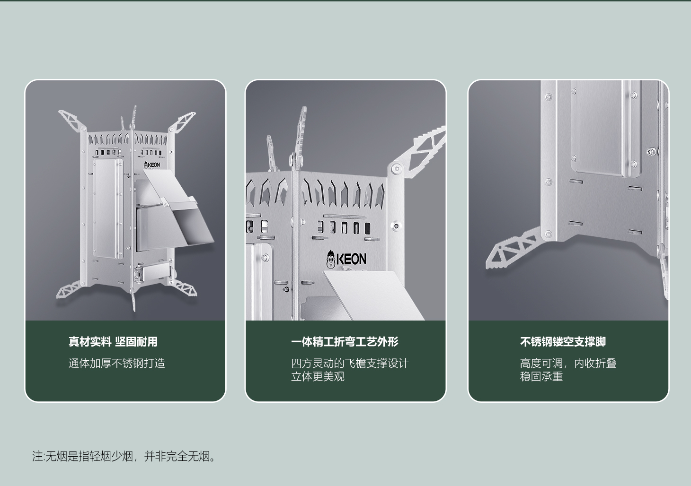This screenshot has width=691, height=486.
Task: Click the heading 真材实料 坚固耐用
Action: pos(113,342)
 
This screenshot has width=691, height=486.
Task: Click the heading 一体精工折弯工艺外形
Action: pos(345,342)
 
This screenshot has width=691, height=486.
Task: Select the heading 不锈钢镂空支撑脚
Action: pos(563,342)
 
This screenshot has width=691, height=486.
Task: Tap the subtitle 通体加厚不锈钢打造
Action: pos(116,364)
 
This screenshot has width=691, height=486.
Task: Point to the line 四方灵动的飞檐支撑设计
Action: pos(350,364)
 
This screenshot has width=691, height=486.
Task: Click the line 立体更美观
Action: pos(318,377)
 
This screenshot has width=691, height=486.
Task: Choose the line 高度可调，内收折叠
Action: pos(568,364)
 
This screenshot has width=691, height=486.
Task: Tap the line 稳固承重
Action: pos(541,377)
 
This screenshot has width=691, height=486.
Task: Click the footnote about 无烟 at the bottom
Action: pos(124,456)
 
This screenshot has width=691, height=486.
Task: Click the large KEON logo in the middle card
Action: pos(346,259)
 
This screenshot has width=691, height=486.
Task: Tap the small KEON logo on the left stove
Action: pos(152,165)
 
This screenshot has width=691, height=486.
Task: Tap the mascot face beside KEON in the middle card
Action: pos(331,260)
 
